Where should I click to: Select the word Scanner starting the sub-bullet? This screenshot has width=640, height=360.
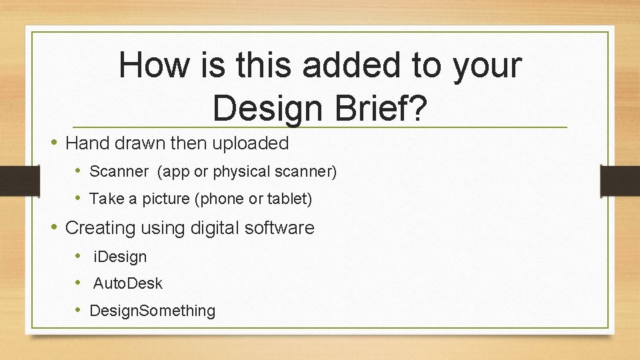119,171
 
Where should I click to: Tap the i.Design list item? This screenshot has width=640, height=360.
120,256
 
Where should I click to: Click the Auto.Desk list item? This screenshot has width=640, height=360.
127,283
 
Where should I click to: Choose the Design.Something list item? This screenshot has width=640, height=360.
152,311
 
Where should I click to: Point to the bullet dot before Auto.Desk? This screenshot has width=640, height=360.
79,283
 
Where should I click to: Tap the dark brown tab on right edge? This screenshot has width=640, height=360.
620,181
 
